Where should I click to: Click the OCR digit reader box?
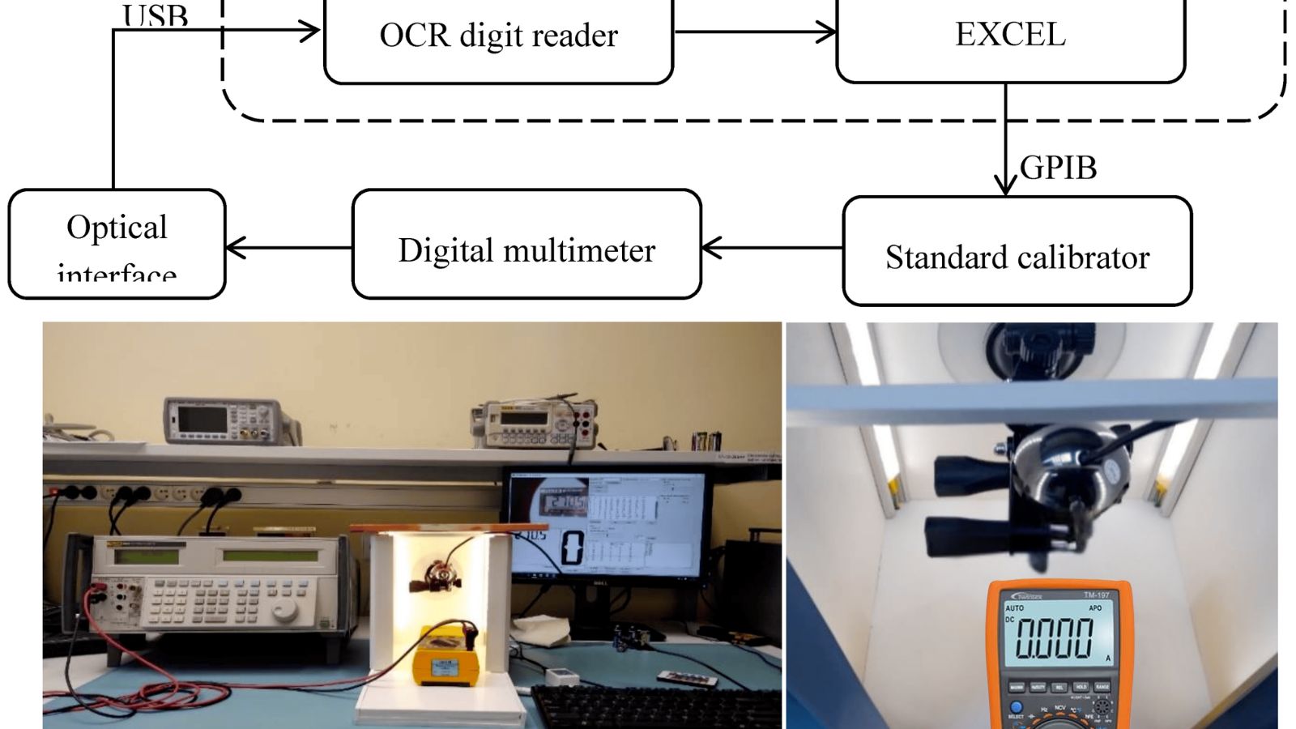pyautogui.click(x=498, y=36)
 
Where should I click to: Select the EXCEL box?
pyautogui.click(x=1010, y=36)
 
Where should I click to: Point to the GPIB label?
pyautogui.click(x=1059, y=168)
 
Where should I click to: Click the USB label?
pyautogui.click(x=155, y=16)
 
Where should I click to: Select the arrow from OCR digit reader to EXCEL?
pyautogui.click(x=754, y=32)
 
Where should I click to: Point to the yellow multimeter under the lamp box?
pyautogui.click(x=445, y=654)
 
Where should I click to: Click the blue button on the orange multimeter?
pyautogui.click(x=1016, y=707)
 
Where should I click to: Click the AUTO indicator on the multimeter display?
pyautogui.click(x=1014, y=607)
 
